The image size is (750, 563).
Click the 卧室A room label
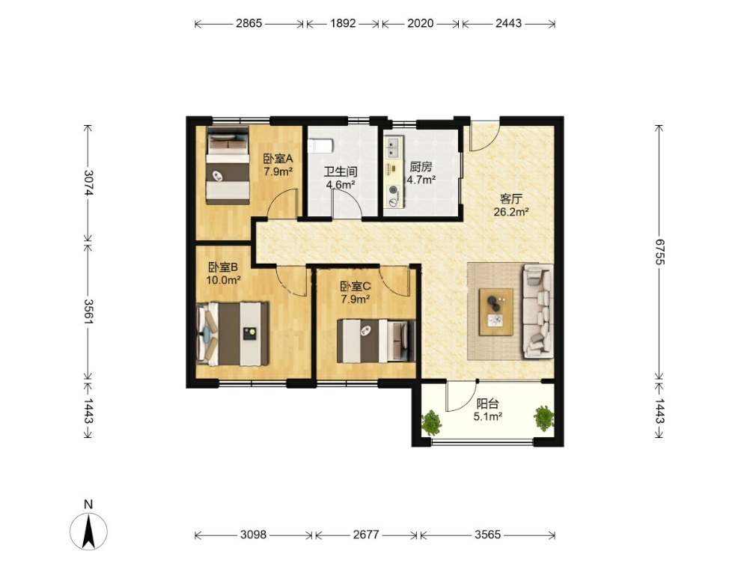(x=278, y=158)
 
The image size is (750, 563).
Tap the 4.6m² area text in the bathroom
(x=340, y=185)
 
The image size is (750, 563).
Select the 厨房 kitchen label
(x=421, y=167)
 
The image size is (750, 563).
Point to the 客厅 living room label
(x=510, y=198)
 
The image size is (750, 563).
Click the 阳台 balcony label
(x=487, y=404)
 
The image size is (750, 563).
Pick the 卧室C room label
(x=356, y=287)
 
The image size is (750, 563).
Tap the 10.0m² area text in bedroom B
(x=223, y=280)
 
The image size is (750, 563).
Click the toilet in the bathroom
(x=320, y=145)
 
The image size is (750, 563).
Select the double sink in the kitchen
(x=394, y=147)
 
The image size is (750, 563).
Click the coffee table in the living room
(x=496, y=311)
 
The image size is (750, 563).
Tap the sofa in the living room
(x=537, y=311)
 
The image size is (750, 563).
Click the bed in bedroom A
(x=228, y=165)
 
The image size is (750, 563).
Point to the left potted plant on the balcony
(x=431, y=422)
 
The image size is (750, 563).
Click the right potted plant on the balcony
(x=544, y=418)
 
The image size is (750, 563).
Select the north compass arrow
(x=88, y=531)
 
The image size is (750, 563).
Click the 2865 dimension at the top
(x=249, y=23)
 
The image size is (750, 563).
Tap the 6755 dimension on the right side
(x=660, y=252)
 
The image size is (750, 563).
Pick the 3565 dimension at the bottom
(x=487, y=535)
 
